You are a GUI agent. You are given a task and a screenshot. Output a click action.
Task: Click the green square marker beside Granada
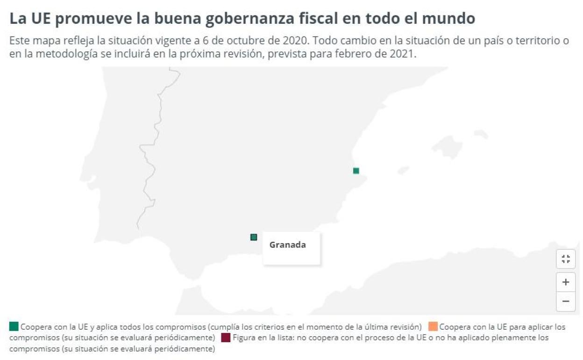(x=254, y=237)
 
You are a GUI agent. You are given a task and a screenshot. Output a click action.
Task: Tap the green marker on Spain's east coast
(x=356, y=171)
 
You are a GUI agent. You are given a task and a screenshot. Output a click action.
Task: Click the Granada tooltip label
(x=287, y=245)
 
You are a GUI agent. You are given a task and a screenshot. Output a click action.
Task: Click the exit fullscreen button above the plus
(x=565, y=259)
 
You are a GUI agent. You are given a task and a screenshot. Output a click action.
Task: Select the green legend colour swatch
(x=14, y=326)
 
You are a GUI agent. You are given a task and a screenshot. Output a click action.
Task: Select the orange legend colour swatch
(x=433, y=326)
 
